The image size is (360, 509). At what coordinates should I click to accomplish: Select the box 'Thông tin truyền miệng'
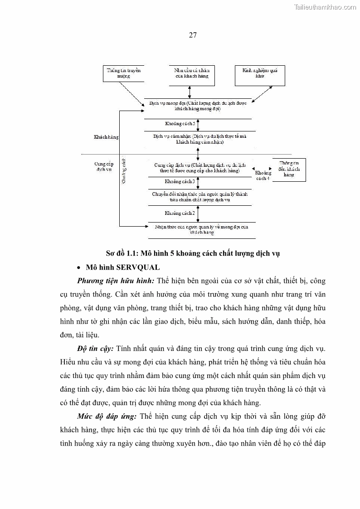[x=124, y=74]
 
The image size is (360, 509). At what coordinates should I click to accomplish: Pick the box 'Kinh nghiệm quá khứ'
[x=260, y=74]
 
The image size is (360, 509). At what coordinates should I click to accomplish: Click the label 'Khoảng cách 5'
[x=180, y=124]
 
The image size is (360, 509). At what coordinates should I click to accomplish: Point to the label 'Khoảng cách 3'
[x=180, y=182]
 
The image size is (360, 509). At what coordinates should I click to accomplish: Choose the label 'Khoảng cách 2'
[x=180, y=213]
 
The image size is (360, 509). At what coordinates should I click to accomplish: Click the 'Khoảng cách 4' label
[x=263, y=176]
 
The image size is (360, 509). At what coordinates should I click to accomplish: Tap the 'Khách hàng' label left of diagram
[x=106, y=137]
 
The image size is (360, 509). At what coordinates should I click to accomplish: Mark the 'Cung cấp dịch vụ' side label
[x=103, y=166]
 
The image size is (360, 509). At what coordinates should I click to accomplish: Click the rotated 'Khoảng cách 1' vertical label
[x=124, y=170]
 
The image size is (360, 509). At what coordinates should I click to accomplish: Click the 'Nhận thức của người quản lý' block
[x=202, y=229]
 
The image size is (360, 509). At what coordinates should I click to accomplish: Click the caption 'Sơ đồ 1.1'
[x=192, y=253]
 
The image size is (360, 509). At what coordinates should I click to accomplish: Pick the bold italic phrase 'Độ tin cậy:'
[x=95, y=348]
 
